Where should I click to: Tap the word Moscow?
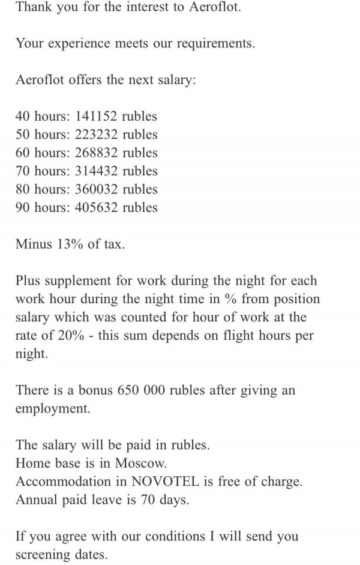(142, 464)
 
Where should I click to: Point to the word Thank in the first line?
(34, 8)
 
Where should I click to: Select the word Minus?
(34, 244)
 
